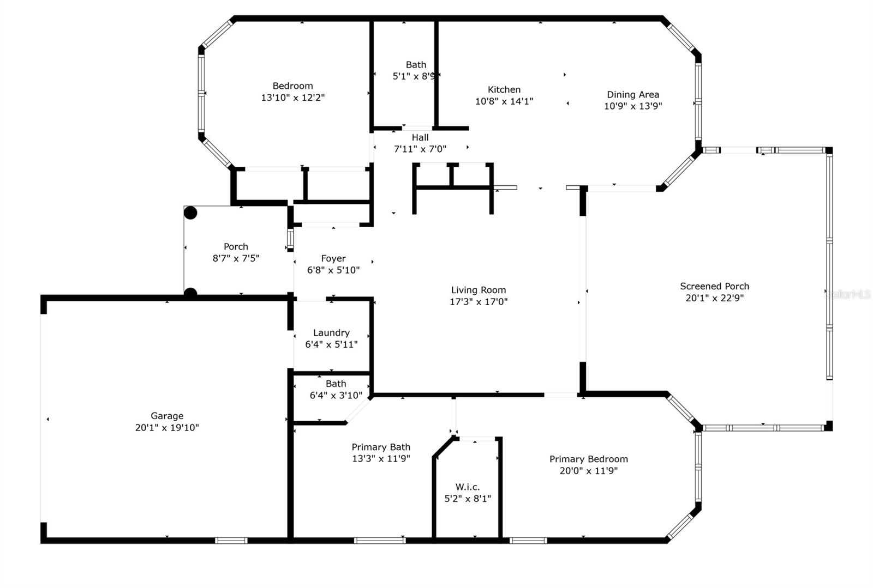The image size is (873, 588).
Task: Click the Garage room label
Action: (x=167, y=416)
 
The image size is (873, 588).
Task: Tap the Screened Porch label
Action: (x=714, y=287)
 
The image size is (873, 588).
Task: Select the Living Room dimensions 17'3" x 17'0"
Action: (x=479, y=301)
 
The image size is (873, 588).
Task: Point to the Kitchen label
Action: (x=504, y=89)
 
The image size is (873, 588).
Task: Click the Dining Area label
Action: (x=633, y=95)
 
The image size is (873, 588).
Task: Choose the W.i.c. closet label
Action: (x=467, y=487)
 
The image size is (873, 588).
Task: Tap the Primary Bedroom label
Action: (x=589, y=459)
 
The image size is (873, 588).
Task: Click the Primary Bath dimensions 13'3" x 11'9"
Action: (x=381, y=458)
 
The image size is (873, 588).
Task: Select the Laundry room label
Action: (x=331, y=333)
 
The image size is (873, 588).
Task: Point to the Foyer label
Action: (x=333, y=258)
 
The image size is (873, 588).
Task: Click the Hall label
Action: (x=420, y=137)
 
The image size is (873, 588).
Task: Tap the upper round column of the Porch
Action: (x=190, y=213)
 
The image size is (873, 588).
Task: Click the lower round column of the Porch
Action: (x=190, y=293)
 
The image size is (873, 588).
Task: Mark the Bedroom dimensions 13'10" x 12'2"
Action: (x=292, y=98)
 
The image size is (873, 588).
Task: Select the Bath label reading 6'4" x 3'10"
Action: (x=336, y=390)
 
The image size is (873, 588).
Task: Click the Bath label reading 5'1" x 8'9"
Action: (x=415, y=70)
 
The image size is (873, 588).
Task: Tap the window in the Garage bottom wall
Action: (x=231, y=541)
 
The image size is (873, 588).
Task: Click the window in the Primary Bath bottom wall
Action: (x=380, y=541)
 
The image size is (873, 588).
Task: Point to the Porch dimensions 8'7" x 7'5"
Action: (x=236, y=258)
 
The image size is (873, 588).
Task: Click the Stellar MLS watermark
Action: (x=847, y=295)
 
